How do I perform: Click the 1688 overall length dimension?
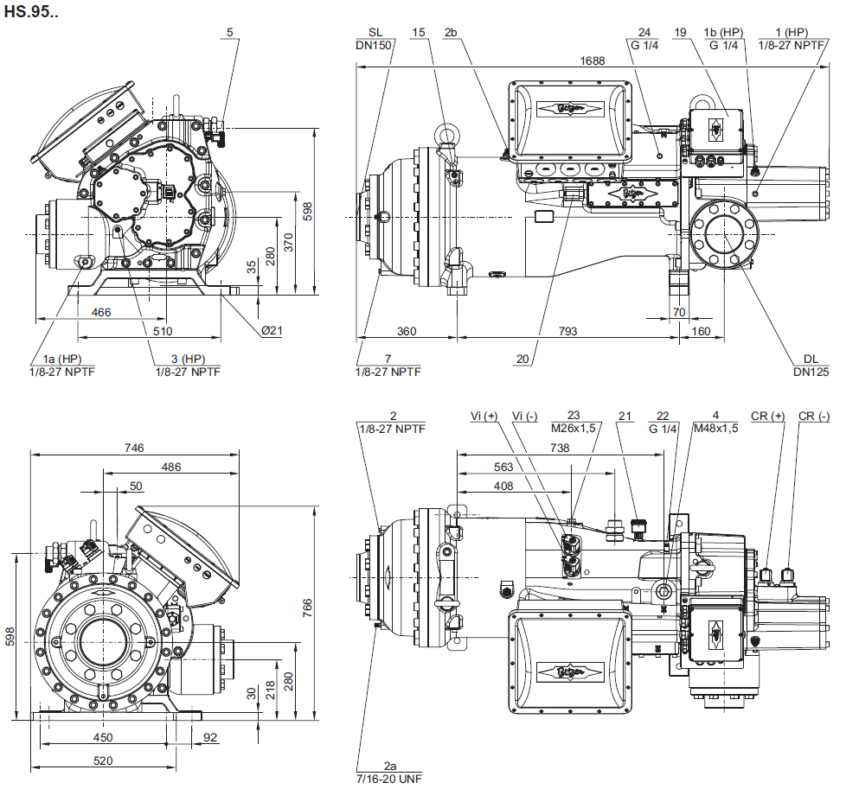pos(593,60)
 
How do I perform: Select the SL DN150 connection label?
pos(375,39)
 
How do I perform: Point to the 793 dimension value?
pos(567,331)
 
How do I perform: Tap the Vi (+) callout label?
pos(484,417)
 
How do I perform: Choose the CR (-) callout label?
pos(814,417)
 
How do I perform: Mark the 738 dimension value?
pos(560,448)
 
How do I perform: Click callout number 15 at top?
pos(419,33)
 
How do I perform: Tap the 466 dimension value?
pos(101,312)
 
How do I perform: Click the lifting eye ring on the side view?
pos(448,135)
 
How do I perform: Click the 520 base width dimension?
pos(104,760)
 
